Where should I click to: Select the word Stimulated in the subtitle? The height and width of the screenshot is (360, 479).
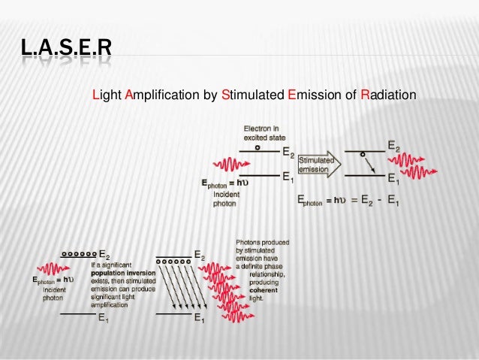[253, 96]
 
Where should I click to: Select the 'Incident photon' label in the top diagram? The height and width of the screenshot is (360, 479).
[225, 197]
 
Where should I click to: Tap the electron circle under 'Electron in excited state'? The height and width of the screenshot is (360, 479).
[258, 147]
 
